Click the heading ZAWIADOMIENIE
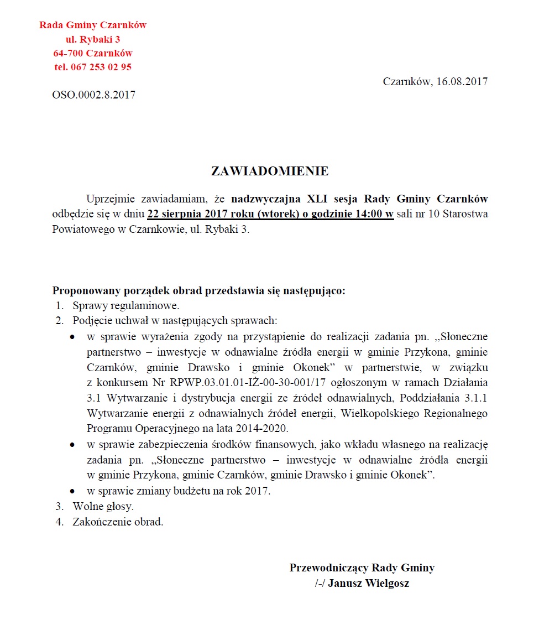pos(270,171)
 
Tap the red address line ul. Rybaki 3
pos(93,39)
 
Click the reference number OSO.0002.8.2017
pos(94,95)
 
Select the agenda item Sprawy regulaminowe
pos(125,305)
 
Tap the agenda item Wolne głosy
pos(103,506)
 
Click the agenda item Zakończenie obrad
pos(118,522)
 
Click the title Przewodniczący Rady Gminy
pos(362,568)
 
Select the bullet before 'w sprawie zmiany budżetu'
pos(72,491)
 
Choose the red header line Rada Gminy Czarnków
pos(93,25)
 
